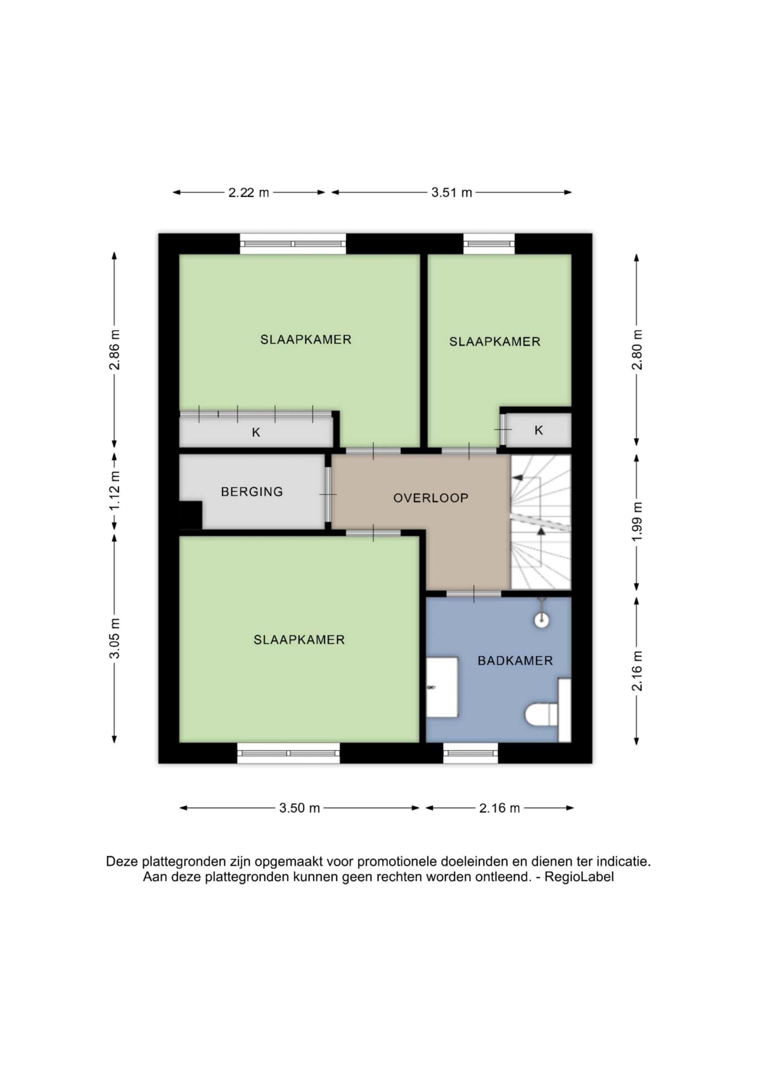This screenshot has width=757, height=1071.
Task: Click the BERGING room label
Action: pyautogui.click(x=252, y=492)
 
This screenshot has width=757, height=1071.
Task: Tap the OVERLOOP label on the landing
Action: pyautogui.click(x=430, y=498)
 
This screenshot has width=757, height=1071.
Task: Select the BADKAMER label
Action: pyautogui.click(x=515, y=661)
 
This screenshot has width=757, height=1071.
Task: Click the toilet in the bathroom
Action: pyautogui.click(x=542, y=714)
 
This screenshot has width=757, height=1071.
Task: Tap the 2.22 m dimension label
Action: pyautogui.click(x=248, y=192)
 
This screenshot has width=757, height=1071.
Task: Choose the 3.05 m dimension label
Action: pyautogui.click(x=115, y=638)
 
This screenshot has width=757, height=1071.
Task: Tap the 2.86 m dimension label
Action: pyautogui.click(x=115, y=349)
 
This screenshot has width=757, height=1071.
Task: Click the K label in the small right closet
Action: pyautogui.click(x=539, y=430)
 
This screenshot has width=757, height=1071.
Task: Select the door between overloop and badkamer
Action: pyautogui.click(x=474, y=593)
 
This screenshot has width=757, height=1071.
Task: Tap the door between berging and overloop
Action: pyautogui.click(x=328, y=495)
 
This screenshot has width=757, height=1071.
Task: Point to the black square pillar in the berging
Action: pyautogui.click(x=191, y=515)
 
